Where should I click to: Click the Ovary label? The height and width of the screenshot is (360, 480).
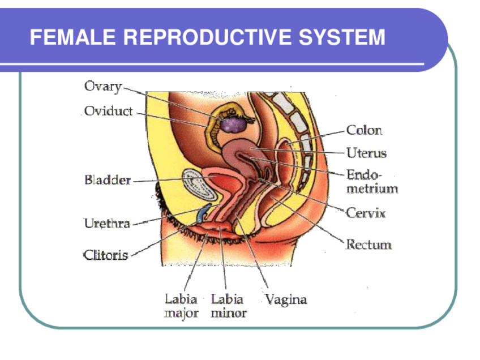point(103,87)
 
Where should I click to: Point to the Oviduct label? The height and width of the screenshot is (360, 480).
point(108,111)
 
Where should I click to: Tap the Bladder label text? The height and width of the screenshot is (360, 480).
point(108,181)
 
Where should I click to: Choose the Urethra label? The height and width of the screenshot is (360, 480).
point(107,223)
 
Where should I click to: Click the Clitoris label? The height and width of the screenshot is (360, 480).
point(106,255)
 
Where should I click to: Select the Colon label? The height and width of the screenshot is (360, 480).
point(364,130)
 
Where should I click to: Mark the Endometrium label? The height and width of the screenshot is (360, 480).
point(372,182)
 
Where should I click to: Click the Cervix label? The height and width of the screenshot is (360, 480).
point(366,213)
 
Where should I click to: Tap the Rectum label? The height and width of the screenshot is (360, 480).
point(368,245)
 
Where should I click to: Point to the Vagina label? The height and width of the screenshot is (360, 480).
point(286,299)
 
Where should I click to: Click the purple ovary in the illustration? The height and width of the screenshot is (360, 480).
point(233,124)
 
